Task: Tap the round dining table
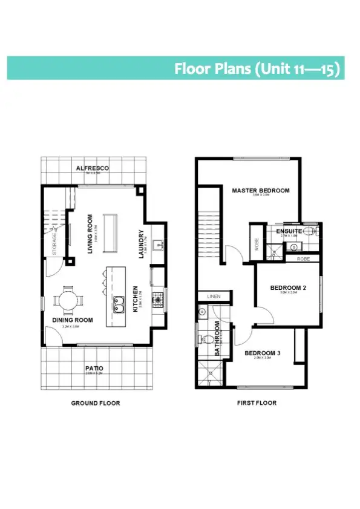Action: click(x=64, y=300)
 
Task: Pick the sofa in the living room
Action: click(x=110, y=232)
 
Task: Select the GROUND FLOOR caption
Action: click(x=96, y=403)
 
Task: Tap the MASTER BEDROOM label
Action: click(x=261, y=191)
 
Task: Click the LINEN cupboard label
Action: click(x=213, y=297)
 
